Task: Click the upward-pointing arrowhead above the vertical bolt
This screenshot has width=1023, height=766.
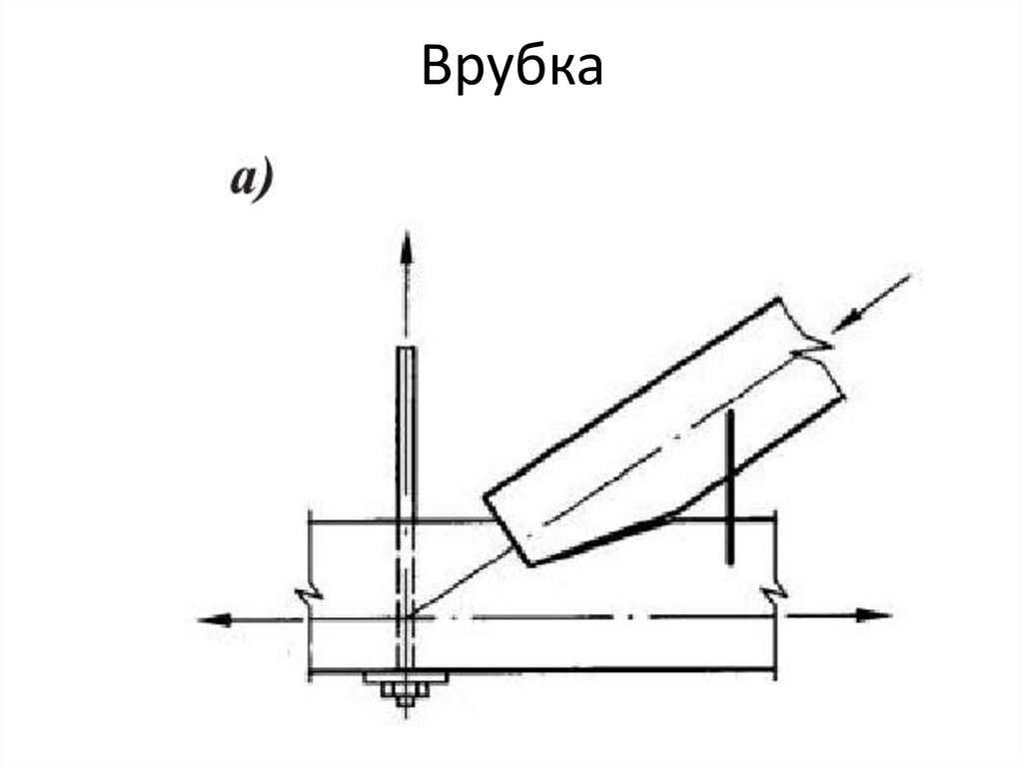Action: click(406, 245)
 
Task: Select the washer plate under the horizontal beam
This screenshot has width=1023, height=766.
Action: click(406, 678)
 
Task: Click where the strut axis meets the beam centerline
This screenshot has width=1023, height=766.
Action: click(411, 616)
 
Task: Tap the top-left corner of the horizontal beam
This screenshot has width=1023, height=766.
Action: click(310, 518)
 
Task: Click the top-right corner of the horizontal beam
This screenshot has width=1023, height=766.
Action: click(775, 517)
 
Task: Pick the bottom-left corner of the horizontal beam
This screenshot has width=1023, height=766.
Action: click(310, 675)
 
